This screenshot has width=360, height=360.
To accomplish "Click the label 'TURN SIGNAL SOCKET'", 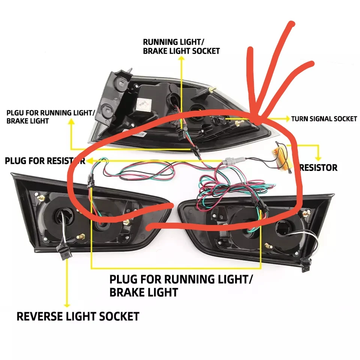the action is (x=324, y=119).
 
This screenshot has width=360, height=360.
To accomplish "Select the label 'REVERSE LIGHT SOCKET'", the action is (x=78, y=316).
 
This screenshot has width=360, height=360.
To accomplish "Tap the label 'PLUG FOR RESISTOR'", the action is (x=44, y=161).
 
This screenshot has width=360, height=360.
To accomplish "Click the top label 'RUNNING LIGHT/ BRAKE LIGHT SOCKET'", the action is (x=181, y=46).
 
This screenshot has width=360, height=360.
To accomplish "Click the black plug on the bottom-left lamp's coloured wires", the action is (x=90, y=182).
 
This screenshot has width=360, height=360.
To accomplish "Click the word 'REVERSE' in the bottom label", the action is (x=36, y=316).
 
